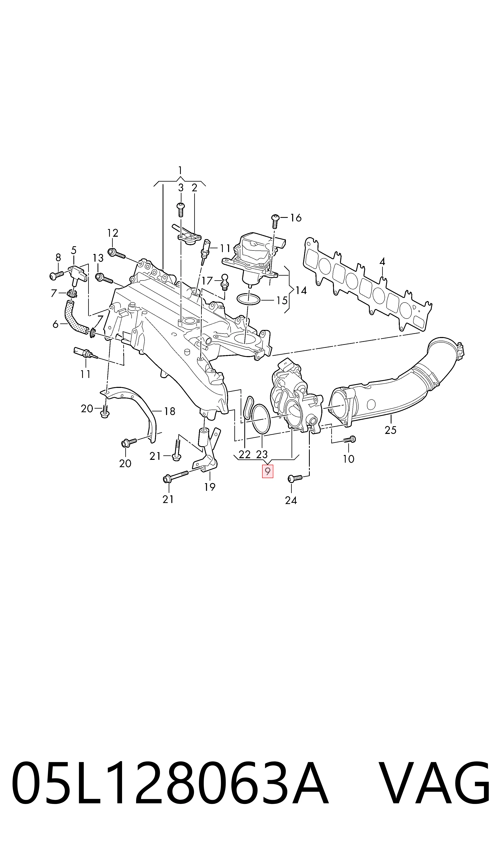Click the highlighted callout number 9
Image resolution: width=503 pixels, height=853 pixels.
click(x=267, y=472)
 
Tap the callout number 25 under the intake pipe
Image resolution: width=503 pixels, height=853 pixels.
click(x=390, y=430)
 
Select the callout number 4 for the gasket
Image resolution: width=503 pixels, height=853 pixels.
click(x=382, y=261)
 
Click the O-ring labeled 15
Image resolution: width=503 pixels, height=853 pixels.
click(x=248, y=300)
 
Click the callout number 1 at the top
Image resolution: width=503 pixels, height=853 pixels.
click(x=180, y=170)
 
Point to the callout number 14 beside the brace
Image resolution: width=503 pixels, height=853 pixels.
click(x=301, y=290)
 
